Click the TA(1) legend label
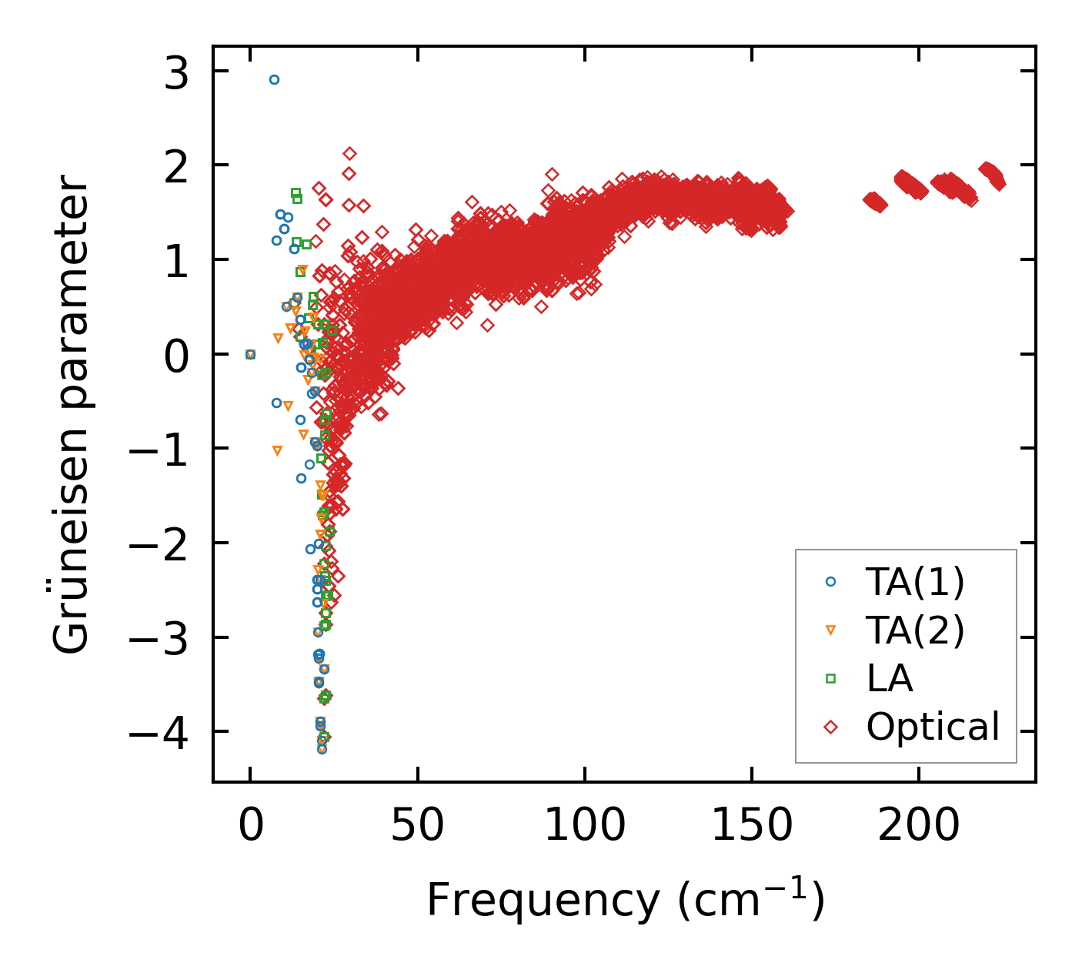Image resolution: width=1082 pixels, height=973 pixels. (915, 583)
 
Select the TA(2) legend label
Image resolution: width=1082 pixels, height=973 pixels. (915, 631)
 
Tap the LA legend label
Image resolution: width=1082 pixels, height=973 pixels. (890, 679)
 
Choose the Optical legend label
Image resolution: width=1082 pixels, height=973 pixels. (933, 727)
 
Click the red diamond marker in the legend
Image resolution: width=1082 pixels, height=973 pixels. (830, 727)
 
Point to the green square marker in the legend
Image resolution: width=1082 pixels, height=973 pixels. (830, 678)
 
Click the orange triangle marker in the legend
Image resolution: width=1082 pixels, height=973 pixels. (830, 630)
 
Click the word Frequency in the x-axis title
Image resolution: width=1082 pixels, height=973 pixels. (543, 900)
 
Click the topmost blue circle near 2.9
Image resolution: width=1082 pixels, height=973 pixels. (274, 79)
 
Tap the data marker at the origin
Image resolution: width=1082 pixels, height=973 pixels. (250, 354)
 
